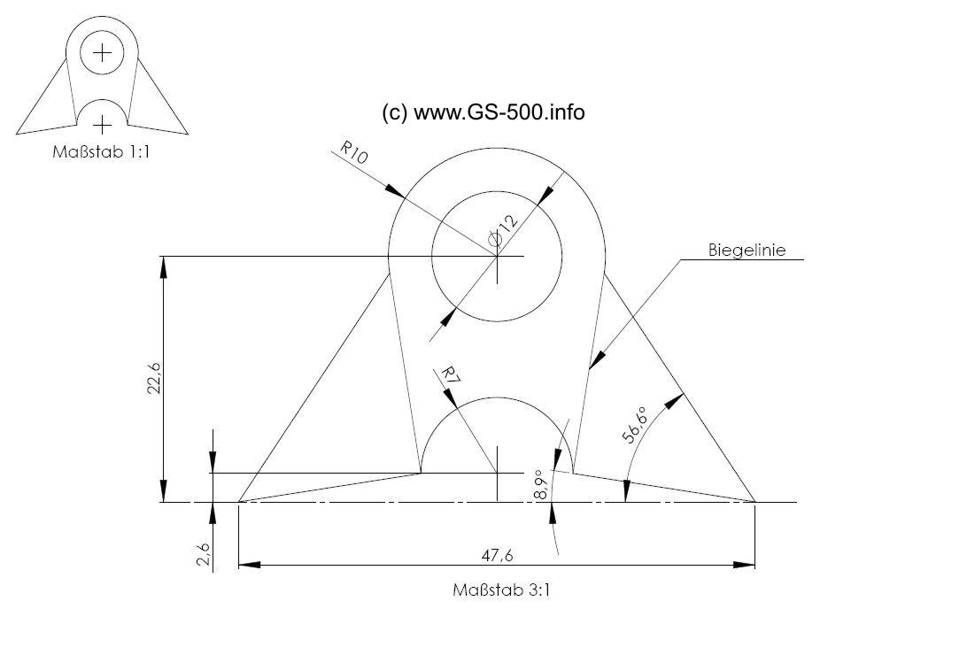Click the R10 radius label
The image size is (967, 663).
[x=354, y=152]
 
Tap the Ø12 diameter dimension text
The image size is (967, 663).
[x=503, y=230]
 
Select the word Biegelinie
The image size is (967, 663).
[x=747, y=251]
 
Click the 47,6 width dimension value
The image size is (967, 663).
[x=497, y=556]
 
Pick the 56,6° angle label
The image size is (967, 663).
[x=635, y=425]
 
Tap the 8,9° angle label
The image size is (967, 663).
[x=541, y=485]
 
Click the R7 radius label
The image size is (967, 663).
[x=450, y=377]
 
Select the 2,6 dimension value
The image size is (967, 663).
[x=205, y=554]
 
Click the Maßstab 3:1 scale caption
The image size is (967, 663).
[x=501, y=590]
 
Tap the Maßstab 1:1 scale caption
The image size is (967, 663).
[x=101, y=151]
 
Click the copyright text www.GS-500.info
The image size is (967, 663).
[x=483, y=112]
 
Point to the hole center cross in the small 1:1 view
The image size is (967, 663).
[x=103, y=53]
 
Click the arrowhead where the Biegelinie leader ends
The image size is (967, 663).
[x=596, y=361]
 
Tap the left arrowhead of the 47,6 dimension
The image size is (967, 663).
[x=249, y=565]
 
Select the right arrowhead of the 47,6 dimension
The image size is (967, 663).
[x=744, y=565]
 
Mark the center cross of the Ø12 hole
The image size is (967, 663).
[x=497, y=256]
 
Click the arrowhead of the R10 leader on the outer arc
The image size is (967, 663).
[x=395, y=190]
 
